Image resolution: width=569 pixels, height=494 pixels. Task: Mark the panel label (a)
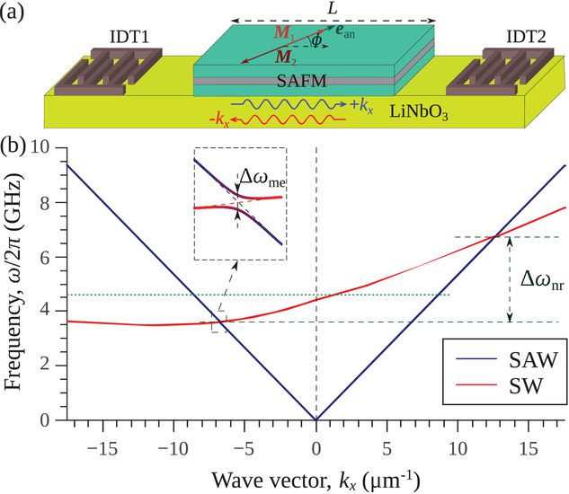(15, 15)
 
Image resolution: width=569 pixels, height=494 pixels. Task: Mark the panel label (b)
(15, 145)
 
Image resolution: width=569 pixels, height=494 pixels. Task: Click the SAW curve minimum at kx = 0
(316, 419)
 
